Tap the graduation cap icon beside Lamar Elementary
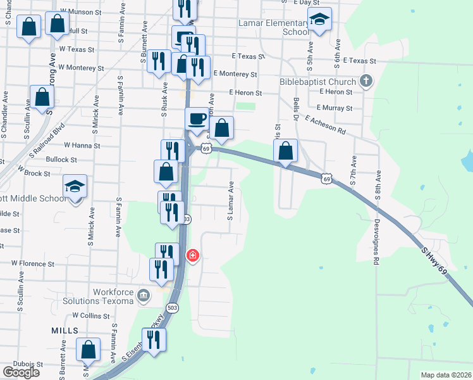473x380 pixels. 321,20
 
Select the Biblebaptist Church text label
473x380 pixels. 318,82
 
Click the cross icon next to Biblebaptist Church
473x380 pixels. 365,82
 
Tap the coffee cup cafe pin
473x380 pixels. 196,118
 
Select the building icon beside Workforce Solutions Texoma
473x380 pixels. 144,296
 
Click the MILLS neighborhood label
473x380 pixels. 65,331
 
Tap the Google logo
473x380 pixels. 21,372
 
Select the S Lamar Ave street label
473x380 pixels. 231,201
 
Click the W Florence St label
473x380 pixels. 33,262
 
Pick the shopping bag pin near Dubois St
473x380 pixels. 88,350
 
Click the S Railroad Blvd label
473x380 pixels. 47,141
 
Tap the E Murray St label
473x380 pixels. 336,108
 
